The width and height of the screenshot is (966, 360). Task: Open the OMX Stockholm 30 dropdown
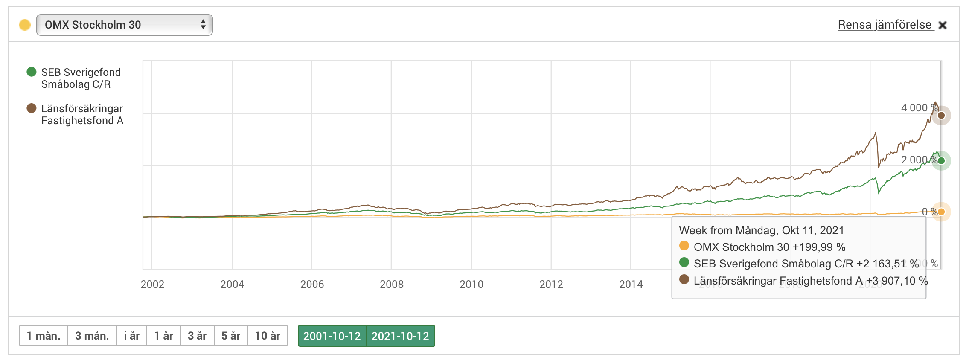124,25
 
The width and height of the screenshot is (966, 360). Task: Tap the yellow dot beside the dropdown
25,25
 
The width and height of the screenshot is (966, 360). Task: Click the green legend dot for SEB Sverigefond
32,72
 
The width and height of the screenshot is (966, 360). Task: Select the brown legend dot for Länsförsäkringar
32,108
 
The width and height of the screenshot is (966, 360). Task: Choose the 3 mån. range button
92,336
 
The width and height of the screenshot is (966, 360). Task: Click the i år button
132,336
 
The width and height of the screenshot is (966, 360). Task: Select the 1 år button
163,336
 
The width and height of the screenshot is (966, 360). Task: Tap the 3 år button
197,336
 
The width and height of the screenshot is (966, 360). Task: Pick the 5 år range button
231,336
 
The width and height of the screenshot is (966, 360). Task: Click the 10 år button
268,336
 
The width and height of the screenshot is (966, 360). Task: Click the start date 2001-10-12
332,336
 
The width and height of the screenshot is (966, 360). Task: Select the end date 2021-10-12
400,336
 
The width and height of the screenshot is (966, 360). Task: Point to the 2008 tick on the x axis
392,285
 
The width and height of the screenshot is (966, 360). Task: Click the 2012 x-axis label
551,285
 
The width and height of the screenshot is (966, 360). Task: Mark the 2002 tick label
152,285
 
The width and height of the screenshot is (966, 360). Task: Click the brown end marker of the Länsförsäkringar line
941,115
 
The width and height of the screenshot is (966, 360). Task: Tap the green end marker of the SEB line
941,161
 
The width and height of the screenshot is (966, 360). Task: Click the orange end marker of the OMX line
941,212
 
